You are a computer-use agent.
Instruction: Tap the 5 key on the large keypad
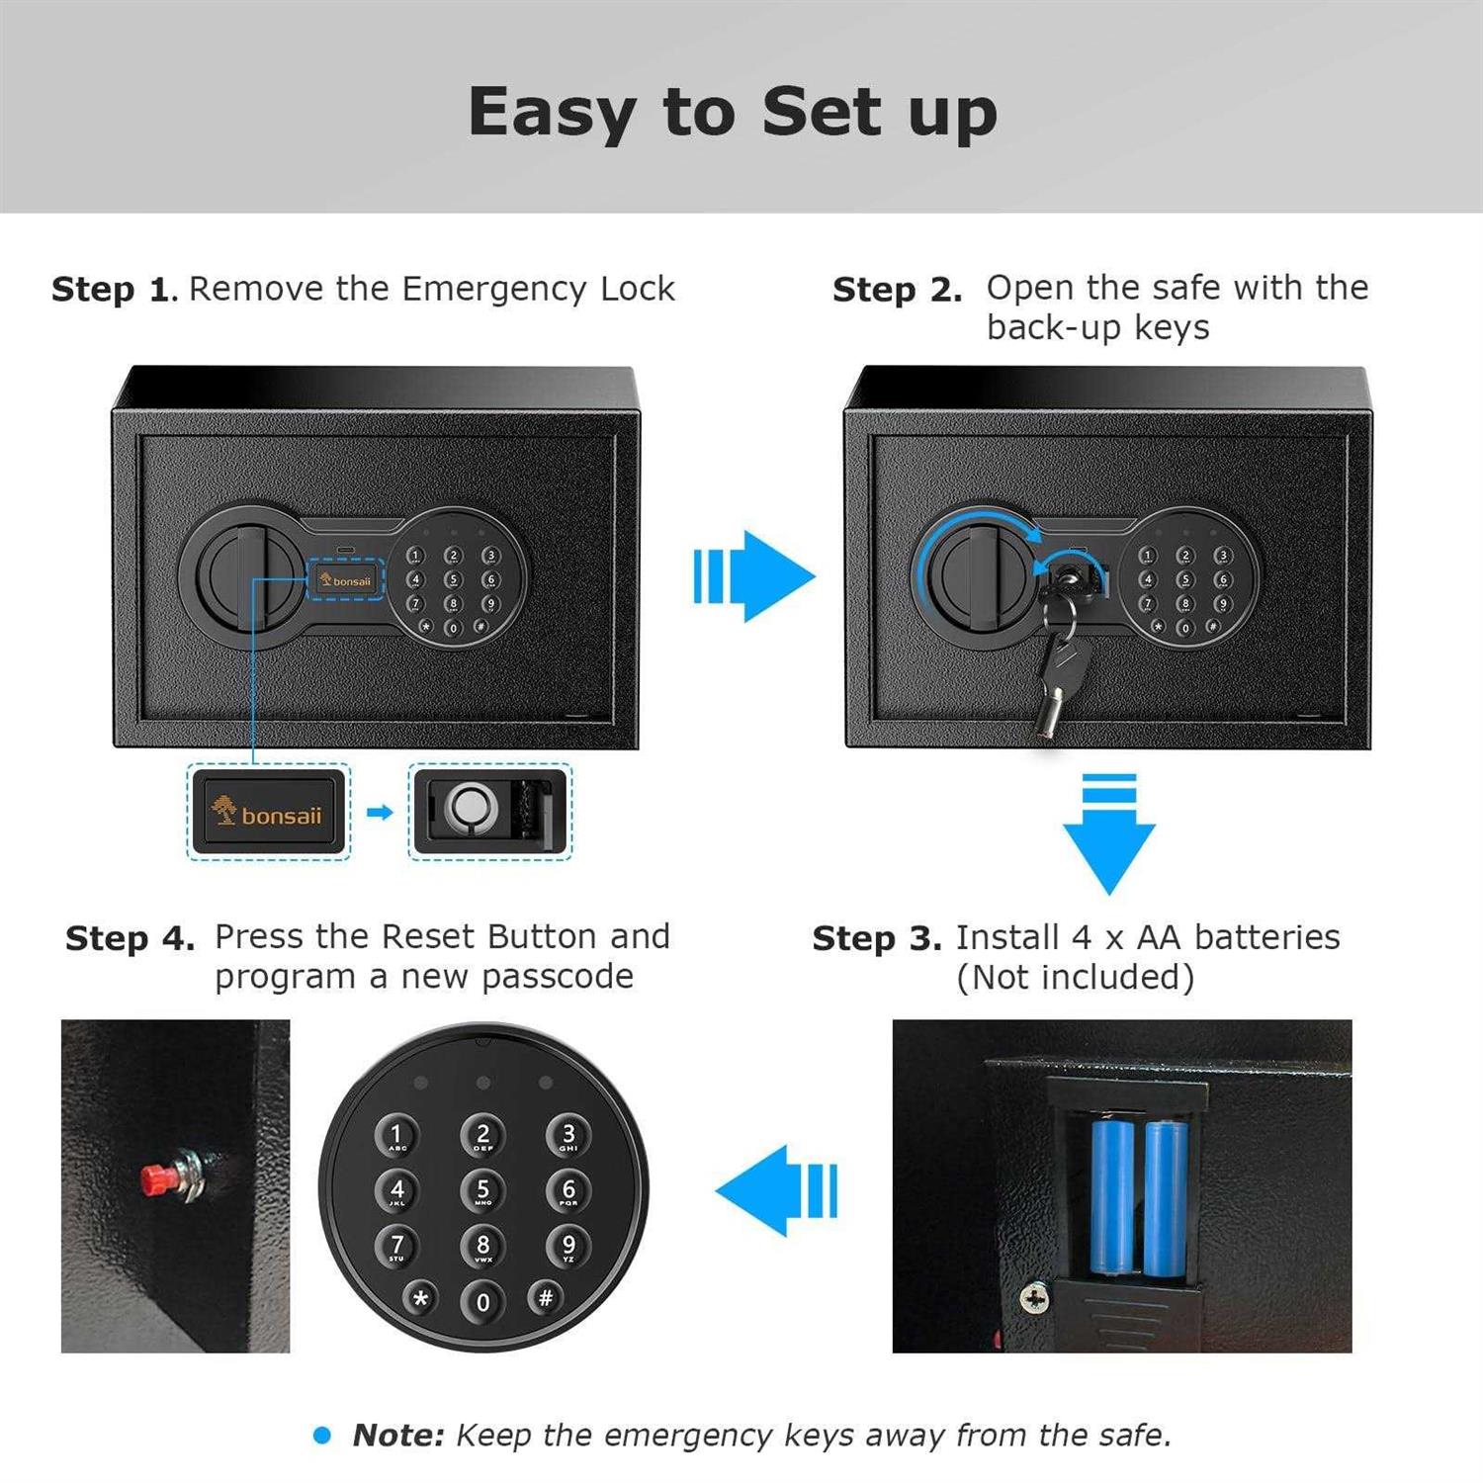tap(482, 1190)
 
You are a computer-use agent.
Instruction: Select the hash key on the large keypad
tap(545, 1297)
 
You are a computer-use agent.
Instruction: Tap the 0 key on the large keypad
tap(482, 1302)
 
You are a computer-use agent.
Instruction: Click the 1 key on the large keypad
tap(396, 1135)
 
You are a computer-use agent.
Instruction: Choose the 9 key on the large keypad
tap(568, 1246)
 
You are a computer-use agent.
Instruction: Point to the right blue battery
tap(1166, 1198)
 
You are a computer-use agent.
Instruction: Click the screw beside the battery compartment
tap(1034, 1297)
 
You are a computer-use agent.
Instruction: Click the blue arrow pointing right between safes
tap(755, 576)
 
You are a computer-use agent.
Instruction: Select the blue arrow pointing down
tap(1109, 834)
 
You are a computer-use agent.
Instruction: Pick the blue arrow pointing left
tap(777, 1190)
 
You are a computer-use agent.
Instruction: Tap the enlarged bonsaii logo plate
tap(268, 813)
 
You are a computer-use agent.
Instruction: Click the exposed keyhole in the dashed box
tap(466, 808)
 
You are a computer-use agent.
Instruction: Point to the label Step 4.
tap(130, 938)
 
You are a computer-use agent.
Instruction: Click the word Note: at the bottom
tap(398, 1435)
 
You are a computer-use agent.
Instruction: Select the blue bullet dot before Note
tap(321, 1435)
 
